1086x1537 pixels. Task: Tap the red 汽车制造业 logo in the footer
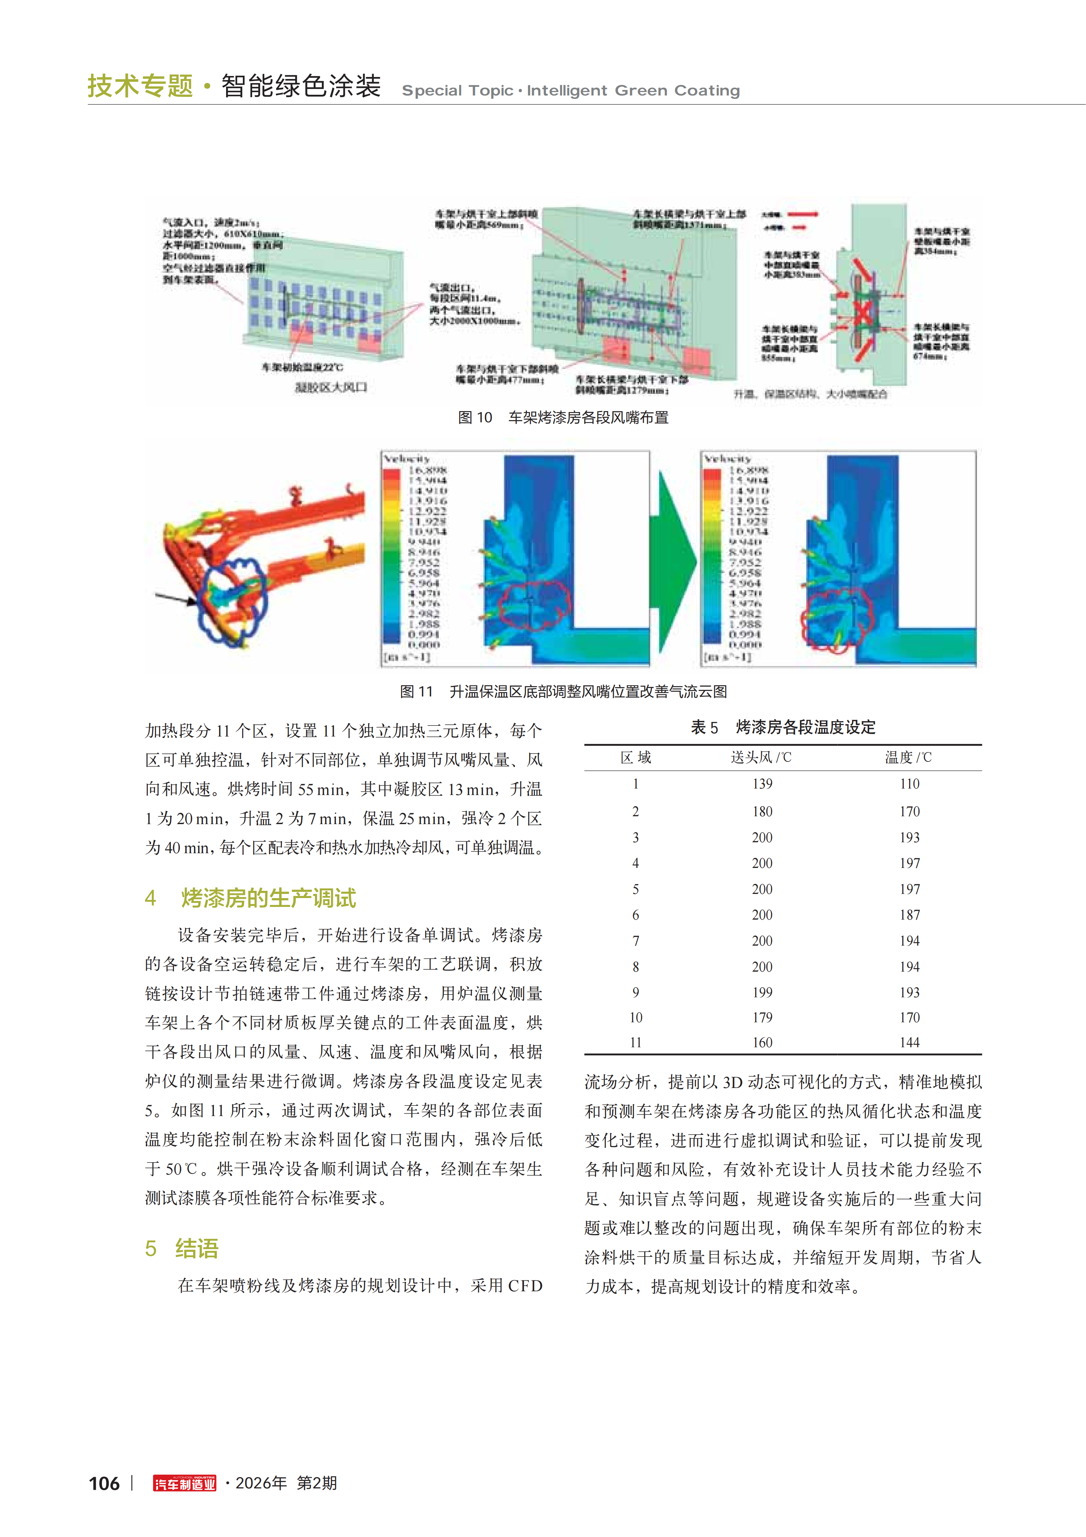(x=185, y=1484)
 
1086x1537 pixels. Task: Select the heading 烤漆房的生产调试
(x=268, y=898)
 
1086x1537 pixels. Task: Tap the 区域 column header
(x=636, y=757)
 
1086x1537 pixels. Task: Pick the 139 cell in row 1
(x=762, y=784)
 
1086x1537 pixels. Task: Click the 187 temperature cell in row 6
(x=910, y=915)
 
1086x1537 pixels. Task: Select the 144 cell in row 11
(x=910, y=1042)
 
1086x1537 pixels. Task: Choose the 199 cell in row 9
(x=762, y=992)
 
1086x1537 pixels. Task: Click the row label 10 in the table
(x=636, y=1017)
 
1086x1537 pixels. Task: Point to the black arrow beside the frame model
(x=175, y=598)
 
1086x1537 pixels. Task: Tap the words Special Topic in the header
(x=457, y=91)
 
